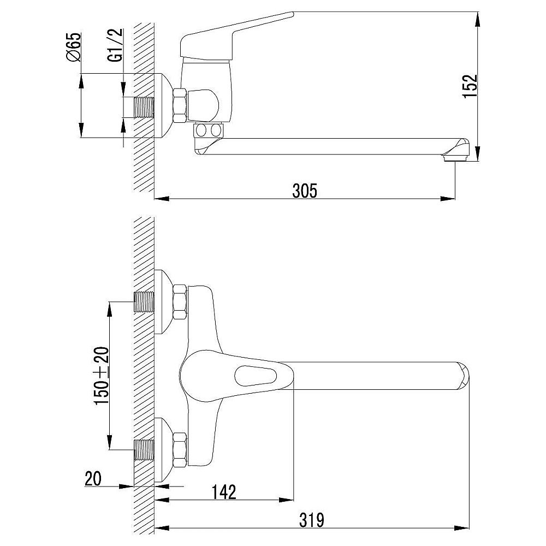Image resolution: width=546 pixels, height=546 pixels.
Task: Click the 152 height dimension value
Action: (470, 86)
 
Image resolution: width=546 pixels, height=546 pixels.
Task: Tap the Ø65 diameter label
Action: (74, 47)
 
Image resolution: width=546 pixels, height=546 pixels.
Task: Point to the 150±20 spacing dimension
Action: (102, 376)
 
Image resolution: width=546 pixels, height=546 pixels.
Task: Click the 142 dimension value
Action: (224, 492)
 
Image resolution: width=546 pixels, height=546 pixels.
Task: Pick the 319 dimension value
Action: (312, 520)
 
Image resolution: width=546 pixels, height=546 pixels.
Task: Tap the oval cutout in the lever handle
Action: (256, 376)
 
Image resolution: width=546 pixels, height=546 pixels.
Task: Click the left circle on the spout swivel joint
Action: (201, 130)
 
